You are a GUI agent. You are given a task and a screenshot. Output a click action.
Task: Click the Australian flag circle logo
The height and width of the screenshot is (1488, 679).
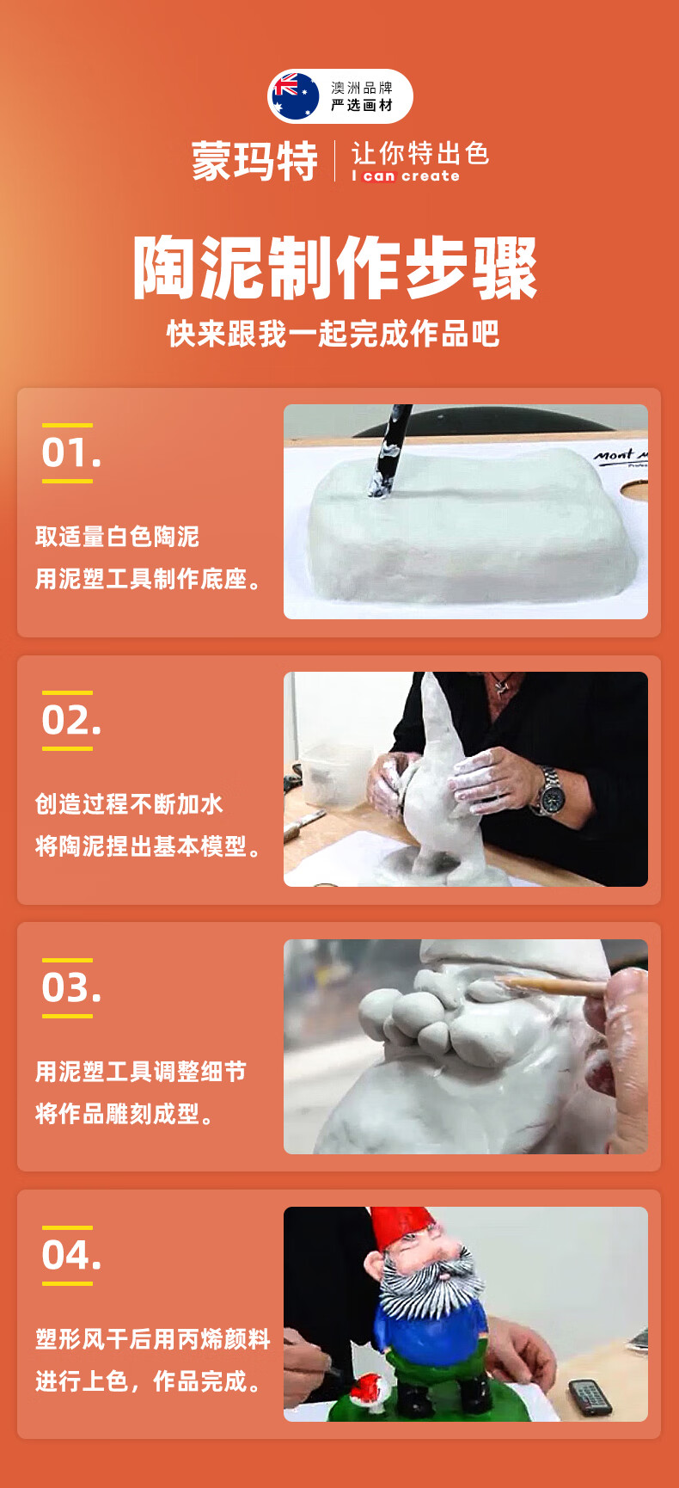(296, 95)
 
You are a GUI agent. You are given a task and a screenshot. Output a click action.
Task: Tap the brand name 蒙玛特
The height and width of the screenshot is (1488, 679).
(254, 161)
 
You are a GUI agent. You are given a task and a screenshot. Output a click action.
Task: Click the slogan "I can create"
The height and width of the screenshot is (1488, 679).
(406, 176)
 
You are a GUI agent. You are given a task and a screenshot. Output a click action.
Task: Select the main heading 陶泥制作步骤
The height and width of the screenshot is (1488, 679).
(335, 267)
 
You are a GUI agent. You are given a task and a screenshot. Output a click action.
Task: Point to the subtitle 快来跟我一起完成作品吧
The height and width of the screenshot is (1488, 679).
(333, 334)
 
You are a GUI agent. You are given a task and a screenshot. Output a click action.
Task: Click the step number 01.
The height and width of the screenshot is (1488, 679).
(71, 453)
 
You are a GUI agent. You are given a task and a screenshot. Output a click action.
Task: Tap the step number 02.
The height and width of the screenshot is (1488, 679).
(71, 721)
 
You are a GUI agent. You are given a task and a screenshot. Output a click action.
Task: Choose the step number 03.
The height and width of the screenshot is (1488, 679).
(71, 988)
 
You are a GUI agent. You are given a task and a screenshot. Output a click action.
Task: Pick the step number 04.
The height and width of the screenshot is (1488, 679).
(71, 1256)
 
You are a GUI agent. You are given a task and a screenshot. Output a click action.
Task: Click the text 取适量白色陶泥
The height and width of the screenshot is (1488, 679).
(117, 537)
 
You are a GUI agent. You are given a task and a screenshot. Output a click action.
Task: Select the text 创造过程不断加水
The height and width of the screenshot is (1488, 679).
(129, 804)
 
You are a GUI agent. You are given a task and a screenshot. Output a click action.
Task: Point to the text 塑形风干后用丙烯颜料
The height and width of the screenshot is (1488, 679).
(153, 1339)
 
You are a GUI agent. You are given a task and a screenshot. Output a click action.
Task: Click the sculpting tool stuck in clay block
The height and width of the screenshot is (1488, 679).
(390, 450)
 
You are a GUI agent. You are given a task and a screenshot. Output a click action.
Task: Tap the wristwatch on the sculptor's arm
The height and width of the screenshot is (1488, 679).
(548, 791)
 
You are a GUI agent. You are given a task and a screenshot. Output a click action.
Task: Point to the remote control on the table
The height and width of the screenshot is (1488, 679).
(591, 1397)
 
